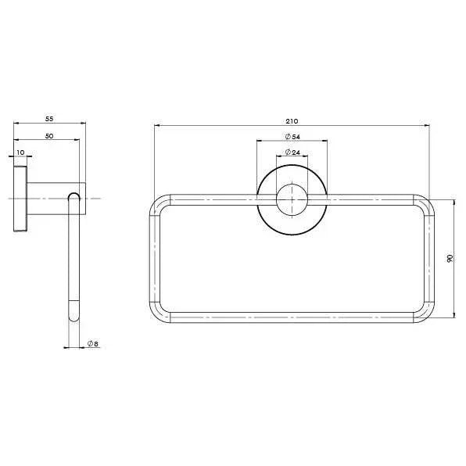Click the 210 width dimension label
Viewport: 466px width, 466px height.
292,121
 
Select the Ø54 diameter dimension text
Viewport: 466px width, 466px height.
292,137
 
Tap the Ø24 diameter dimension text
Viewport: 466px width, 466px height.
292,152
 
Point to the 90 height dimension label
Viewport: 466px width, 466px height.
450,258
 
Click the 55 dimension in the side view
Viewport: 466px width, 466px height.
49,119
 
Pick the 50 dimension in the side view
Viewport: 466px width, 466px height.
49,136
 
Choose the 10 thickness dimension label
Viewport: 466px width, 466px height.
20,152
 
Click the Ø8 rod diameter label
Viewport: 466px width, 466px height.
93,344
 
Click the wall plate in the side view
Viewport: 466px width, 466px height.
20,199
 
